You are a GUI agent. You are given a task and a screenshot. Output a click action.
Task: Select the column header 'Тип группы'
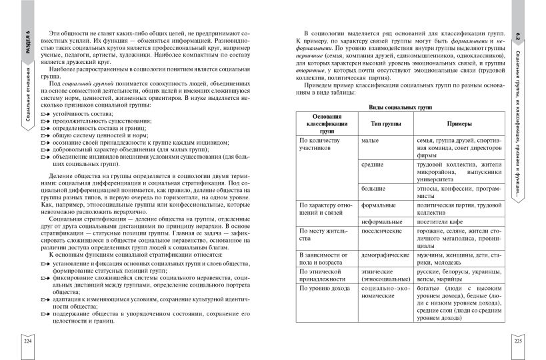click(x=378, y=124)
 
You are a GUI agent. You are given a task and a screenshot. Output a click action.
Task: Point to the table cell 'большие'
click(x=373, y=189)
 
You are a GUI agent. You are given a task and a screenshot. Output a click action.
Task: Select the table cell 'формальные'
click(x=378, y=205)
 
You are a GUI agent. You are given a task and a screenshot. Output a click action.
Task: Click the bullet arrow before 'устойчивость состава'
click(x=45, y=115)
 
